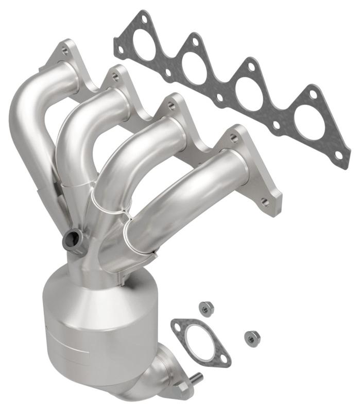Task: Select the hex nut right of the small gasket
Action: click(252, 337)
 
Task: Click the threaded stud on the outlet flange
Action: click(196, 379)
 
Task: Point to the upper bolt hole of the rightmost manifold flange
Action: click(233, 138)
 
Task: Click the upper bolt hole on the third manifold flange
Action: click(170, 105)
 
